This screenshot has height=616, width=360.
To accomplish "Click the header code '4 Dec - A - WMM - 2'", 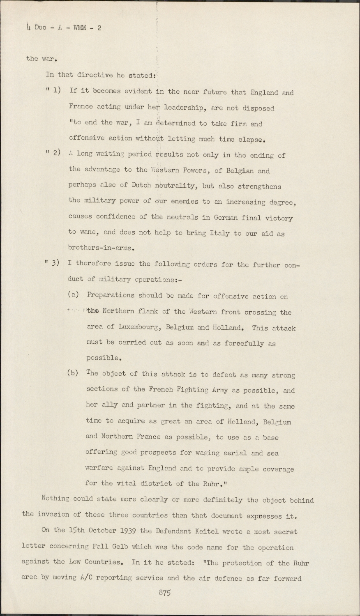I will click(x=64, y=28).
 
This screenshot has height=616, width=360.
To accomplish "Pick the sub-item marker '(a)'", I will click(x=73, y=295).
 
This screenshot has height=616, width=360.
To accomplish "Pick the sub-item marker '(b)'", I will click(x=73, y=374).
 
